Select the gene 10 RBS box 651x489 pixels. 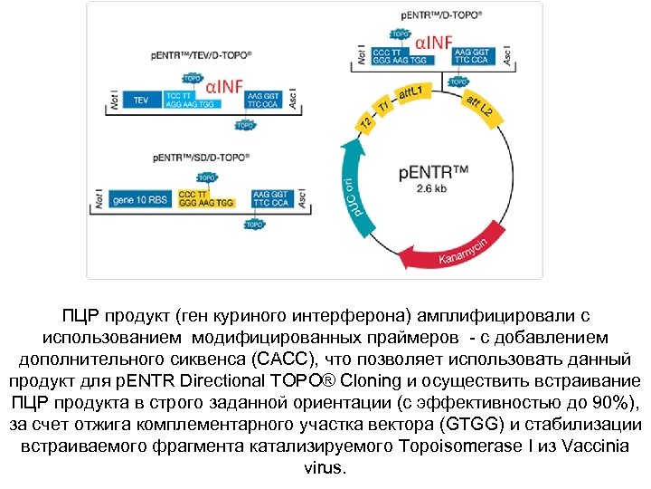pos(144,198)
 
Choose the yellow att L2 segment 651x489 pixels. pos(477,107)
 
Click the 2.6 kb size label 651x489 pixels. pos(427,190)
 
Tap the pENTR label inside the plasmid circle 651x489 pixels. pos(433,171)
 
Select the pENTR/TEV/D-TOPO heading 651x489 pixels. pos(201,55)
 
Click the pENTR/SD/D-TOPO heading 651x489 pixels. pos(201,158)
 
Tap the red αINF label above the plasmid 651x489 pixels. pos(435,41)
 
